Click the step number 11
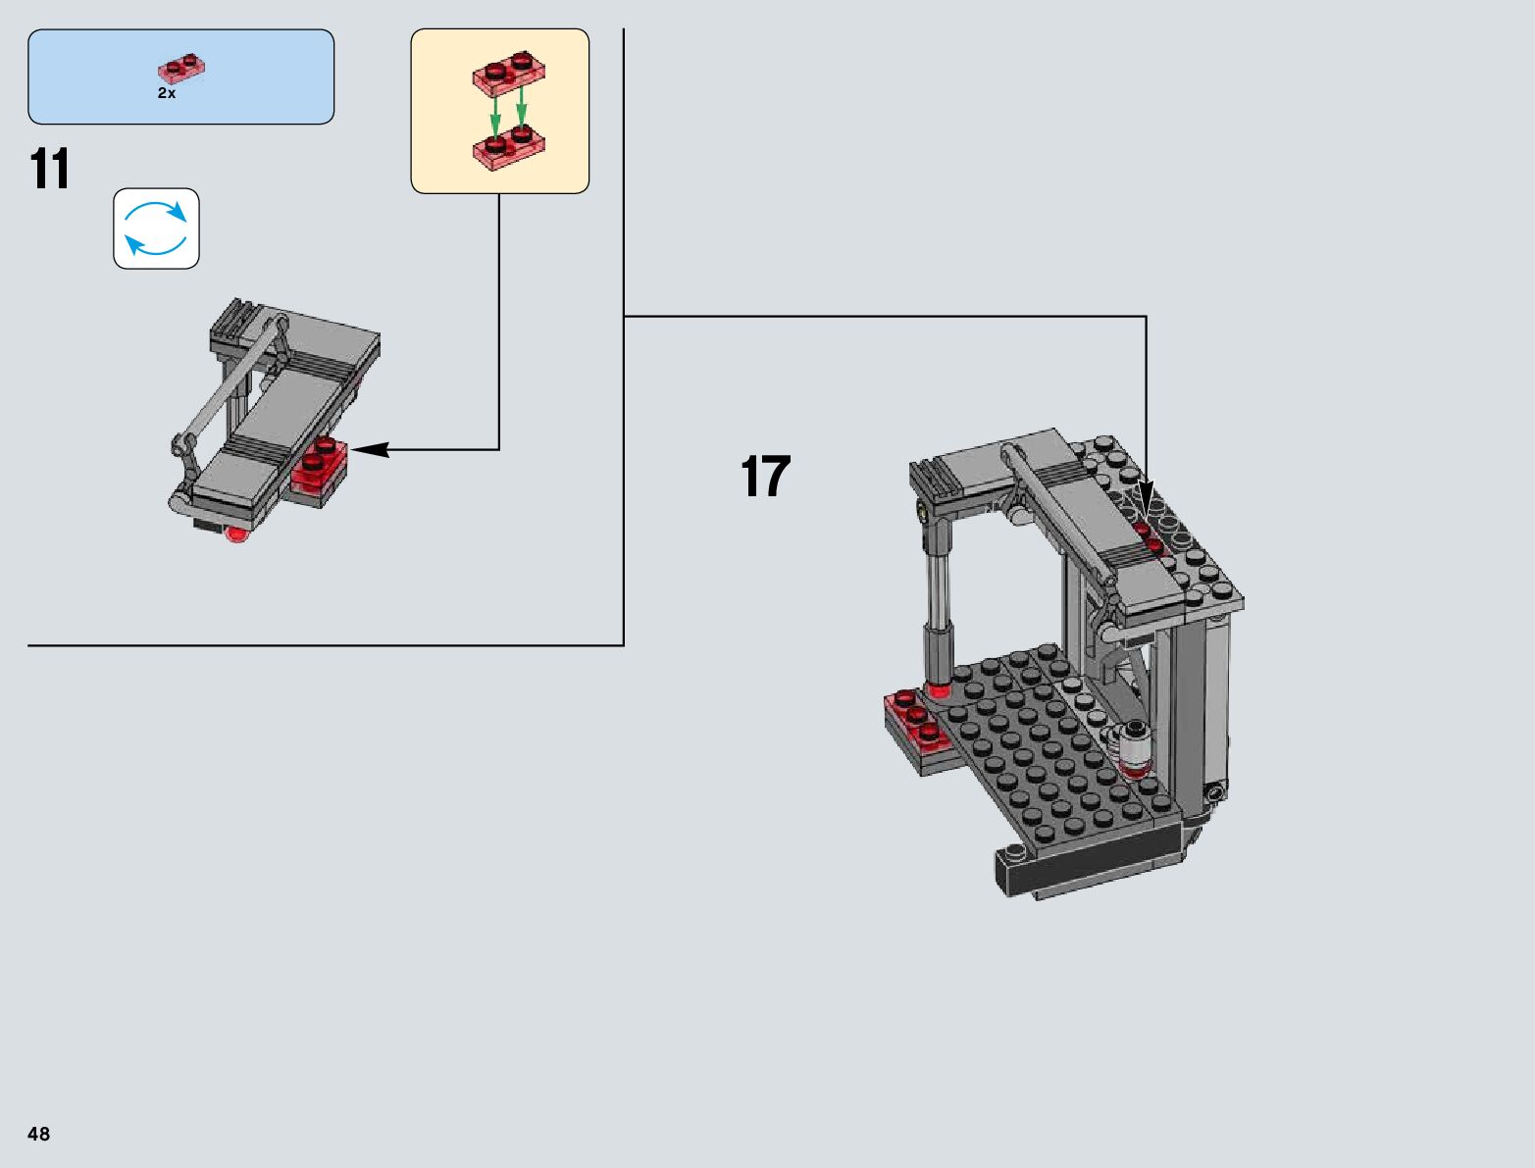pyautogui.click(x=50, y=170)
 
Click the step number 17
pyautogui.click(x=765, y=478)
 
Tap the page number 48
pyautogui.click(x=38, y=1134)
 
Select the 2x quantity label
pyautogui.click(x=167, y=93)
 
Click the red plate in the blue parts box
pyautogui.click(x=180, y=70)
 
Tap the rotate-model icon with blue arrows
pyautogui.click(x=156, y=229)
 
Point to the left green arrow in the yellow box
pyautogui.click(x=495, y=111)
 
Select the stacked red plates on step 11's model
pyautogui.click(x=320, y=469)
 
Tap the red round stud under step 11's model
pyautogui.click(x=236, y=534)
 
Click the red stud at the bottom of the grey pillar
pyautogui.click(x=937, y=690)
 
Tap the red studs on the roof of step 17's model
pyautogui.click(x=1149, y=536)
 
